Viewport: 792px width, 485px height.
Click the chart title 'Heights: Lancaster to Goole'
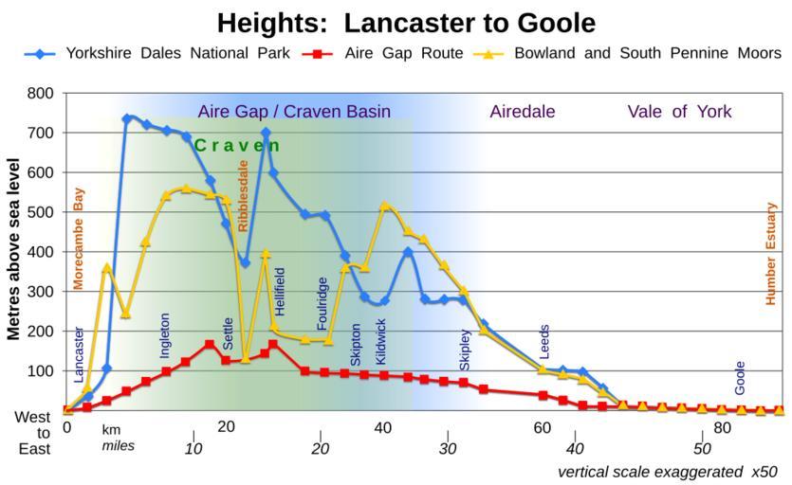(x=405, y=22)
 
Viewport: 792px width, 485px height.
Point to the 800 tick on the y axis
(x=41, y=94)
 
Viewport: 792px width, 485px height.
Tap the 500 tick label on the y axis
(x=41, y=213)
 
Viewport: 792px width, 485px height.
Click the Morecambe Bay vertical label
(x=79, y=238)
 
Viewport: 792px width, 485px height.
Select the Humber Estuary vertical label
(x=771, y=253)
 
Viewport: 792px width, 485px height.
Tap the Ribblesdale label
(x=244, y=195)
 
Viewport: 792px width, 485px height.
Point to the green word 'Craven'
(x=237, y=145)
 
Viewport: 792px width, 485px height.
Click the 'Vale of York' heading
(x=679, y=112)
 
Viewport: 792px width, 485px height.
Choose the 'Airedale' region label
(x=523, y=112)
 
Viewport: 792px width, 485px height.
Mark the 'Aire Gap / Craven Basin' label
(x=294, y=112)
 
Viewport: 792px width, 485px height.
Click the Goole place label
(x=740, y=378)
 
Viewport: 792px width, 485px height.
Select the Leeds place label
(x=544, y=342)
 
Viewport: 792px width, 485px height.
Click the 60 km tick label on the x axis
(x=542, y=428)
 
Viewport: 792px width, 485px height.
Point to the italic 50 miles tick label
(x=702, y=447)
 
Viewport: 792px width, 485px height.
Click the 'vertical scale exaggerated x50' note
(x=667, y=471)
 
